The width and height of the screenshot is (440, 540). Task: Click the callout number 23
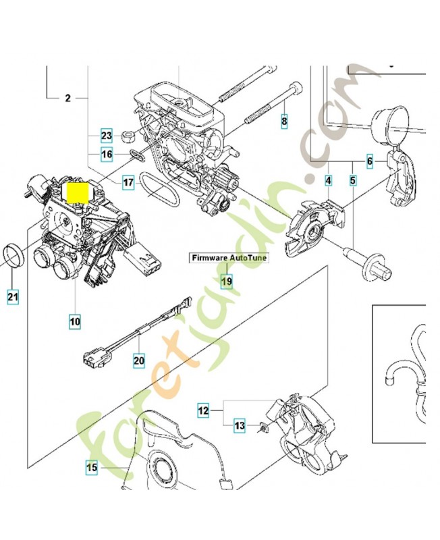pos(106,135)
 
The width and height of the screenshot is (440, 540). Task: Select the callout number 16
pos(106,155)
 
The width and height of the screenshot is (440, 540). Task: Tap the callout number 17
pos(128,182)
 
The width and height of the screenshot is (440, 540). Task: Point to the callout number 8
pos(284,122)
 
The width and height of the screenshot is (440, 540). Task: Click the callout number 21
pos(13,295)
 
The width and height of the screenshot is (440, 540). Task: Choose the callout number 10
pos(74,322)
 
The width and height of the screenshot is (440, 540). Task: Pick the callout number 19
pos(227,281)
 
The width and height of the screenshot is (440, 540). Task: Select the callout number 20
pos(138,360)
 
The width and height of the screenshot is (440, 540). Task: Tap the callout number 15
pos(92,466)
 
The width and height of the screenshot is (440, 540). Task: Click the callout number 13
pos(240,426)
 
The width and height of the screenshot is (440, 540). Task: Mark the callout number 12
pos(203,410)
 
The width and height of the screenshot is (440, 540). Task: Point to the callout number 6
pos(369,162)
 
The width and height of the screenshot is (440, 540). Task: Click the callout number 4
pos(329,181)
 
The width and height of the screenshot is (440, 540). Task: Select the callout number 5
pos(352,181)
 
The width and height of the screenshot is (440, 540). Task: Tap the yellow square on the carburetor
pos(79,192)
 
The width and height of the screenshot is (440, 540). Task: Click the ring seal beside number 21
pos(13,256)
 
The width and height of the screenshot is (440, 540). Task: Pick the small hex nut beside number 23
pos(126,137)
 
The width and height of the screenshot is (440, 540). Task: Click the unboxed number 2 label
pos(67,99)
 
